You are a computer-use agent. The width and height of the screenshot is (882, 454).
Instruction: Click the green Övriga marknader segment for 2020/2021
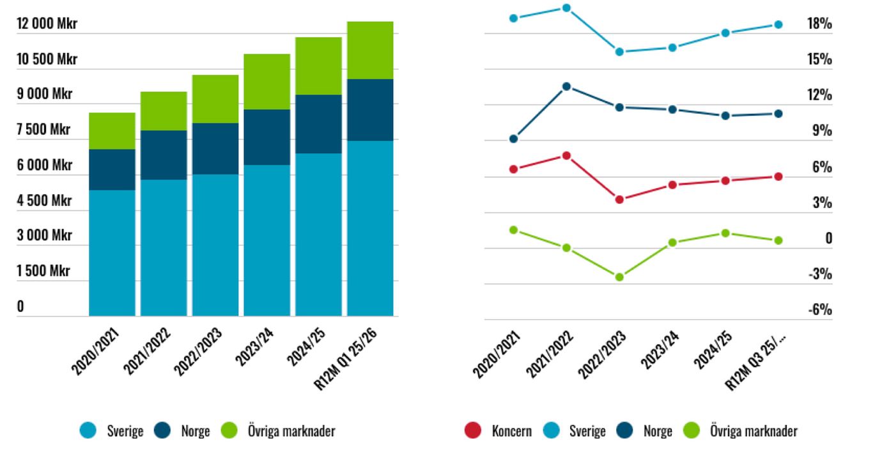[x=112, y=131]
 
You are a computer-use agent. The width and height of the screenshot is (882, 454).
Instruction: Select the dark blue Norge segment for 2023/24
[x=267, y=137]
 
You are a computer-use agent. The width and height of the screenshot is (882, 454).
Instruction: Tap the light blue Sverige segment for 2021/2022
[x=164, y=247]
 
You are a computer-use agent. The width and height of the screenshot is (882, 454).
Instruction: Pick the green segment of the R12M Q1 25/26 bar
[x=370, y=51]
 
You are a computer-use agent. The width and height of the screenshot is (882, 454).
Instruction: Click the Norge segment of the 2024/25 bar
[x=318, y=124]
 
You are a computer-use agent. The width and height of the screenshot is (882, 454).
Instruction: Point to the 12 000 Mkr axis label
[x=47, y=24]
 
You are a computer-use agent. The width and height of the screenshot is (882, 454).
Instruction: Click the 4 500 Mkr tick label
[x=44, y=201]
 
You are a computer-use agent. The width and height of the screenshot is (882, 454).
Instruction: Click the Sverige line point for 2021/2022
[x=566, y=8]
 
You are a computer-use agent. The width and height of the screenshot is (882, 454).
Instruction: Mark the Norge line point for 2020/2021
[x=513, y=139]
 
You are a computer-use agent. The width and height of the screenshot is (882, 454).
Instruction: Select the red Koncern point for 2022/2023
[x=619, y=200]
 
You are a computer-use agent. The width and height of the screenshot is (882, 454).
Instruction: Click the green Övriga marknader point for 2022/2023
[x=619, y=277]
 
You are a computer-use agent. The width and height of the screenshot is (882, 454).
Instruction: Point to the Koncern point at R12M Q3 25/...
[x=778, y=176]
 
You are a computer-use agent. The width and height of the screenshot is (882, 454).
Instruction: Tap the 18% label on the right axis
[x=819, y=24]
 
